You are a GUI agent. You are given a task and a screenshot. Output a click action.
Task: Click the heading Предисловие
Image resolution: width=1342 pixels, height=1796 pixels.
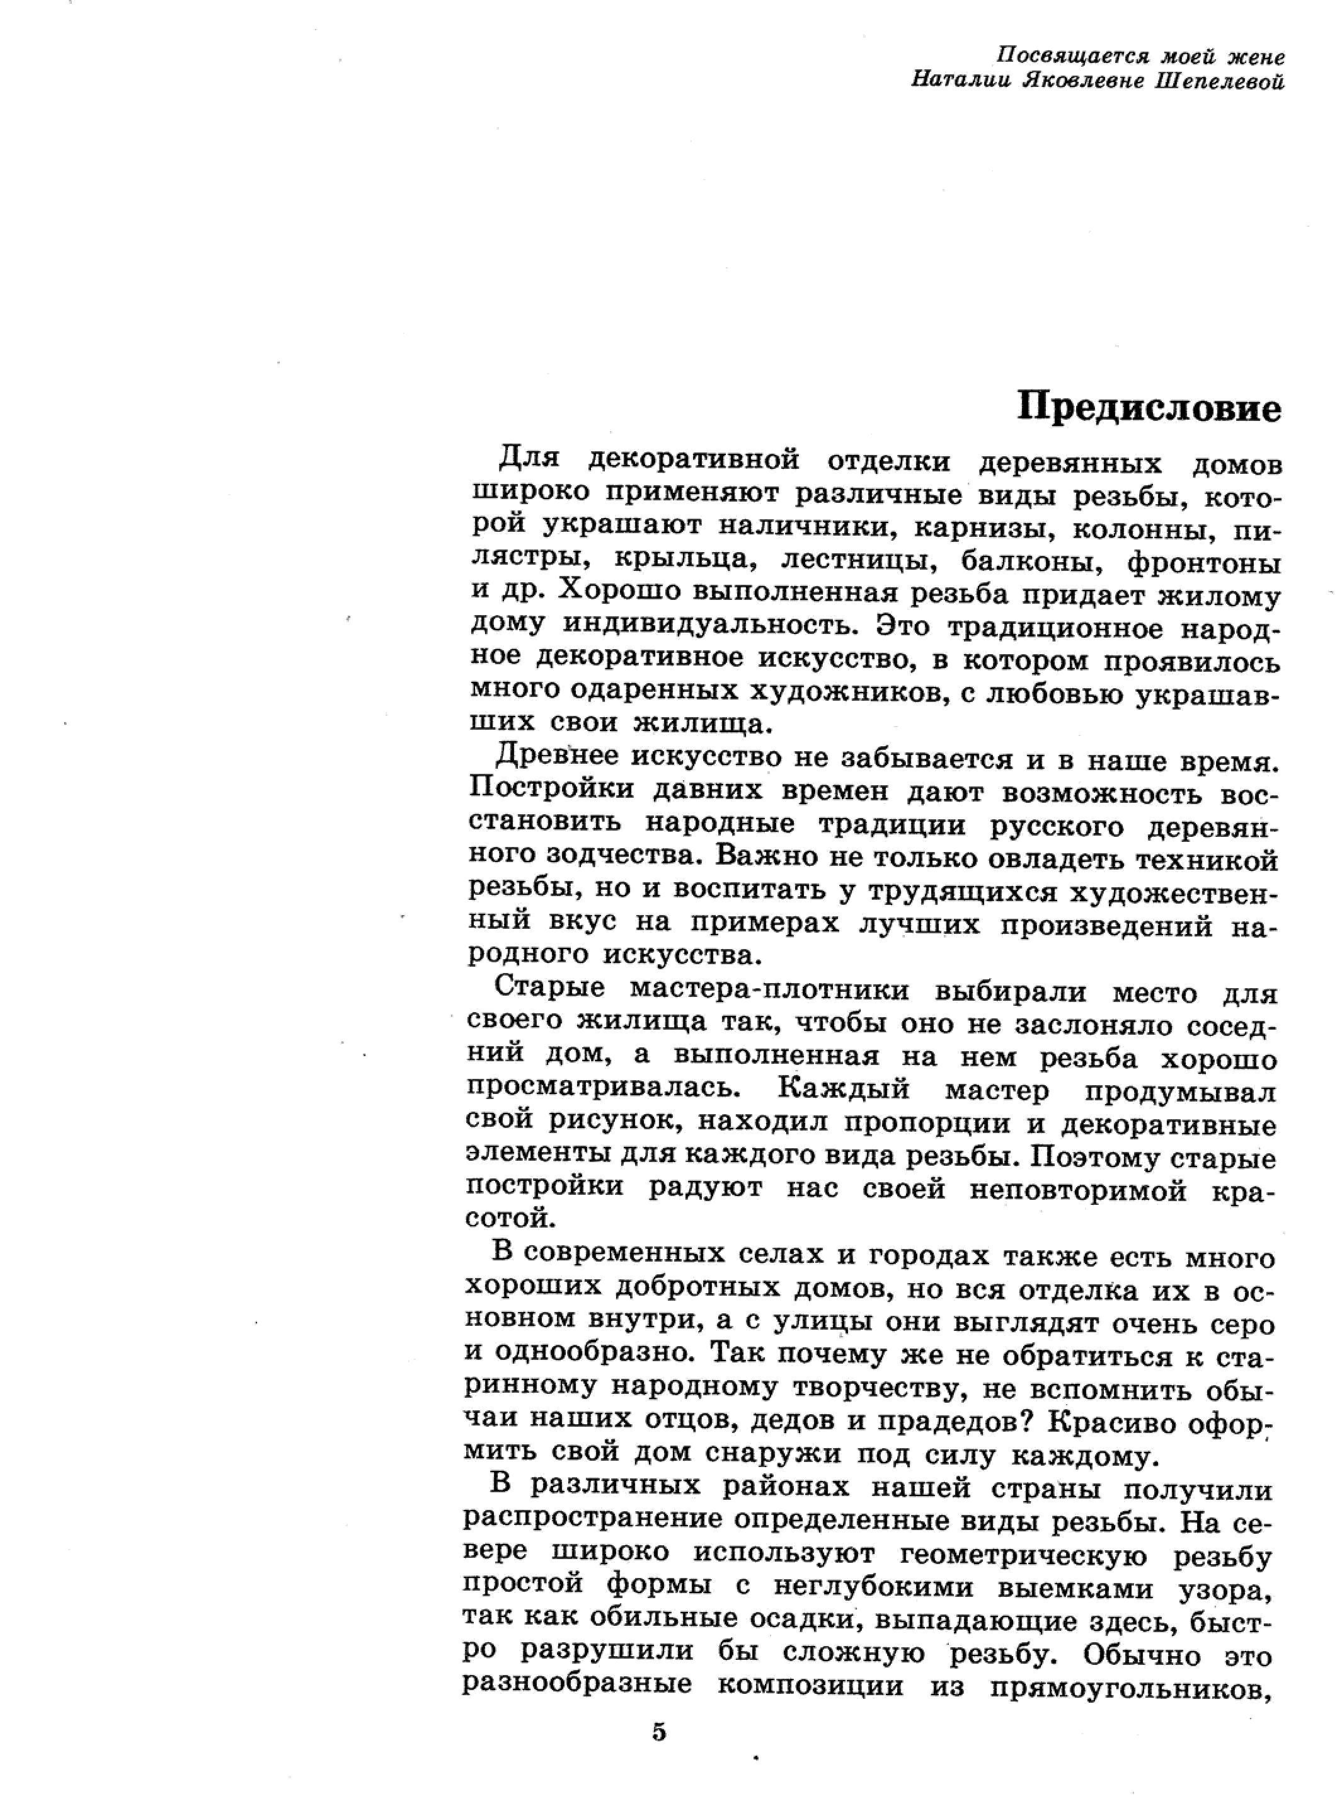[1149, 408]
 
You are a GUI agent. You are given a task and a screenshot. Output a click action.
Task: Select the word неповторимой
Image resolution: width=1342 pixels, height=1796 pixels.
[1081, 1190]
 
